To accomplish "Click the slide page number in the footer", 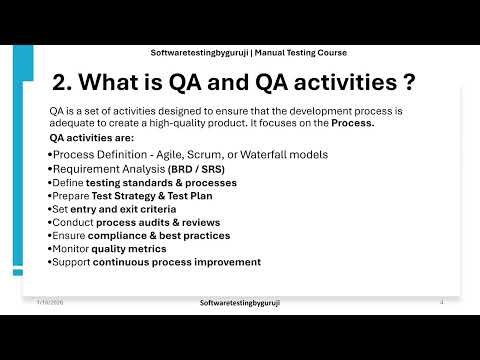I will point(441,301).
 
